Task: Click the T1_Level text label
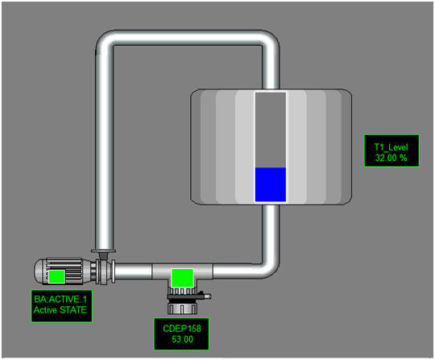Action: (x=391, y=147)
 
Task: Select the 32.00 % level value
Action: (x=391, y=158)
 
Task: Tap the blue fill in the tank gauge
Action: (x=271, y=184)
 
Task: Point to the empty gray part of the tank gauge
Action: (x=271, y=130)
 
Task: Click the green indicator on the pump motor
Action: (x=57, y=277)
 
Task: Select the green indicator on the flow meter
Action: (x=182, y=278)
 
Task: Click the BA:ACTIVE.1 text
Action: (x=60, y=300)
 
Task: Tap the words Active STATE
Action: (x=60, y=310)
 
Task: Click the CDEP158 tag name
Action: (x=182, y=329)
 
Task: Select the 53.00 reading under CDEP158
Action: (x=182, y=339)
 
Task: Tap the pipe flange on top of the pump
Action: (x=103, y=251)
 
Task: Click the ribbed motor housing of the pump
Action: (x=64, y=271)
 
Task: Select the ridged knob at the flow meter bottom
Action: (x=182, y=308)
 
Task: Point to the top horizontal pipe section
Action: (x=187, y=37)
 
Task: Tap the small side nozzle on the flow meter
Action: (x=205, y=296)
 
